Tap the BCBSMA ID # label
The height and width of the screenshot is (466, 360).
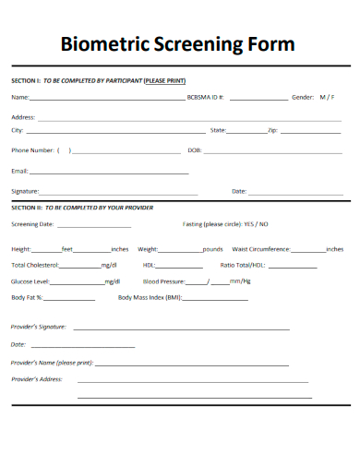(205, 97)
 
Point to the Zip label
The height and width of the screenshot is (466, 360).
(272, 131)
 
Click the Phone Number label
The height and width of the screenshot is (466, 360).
(32, 150)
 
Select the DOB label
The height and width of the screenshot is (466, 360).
(194, 150)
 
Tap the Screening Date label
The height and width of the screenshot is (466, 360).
(32, 224)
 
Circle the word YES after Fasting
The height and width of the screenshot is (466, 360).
(249, 224)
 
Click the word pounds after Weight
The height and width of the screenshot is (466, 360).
(212, 249)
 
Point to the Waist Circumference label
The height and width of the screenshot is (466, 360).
(261, 249)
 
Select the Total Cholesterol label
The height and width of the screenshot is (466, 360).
(35, 265)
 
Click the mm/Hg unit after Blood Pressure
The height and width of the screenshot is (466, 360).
(240, 281)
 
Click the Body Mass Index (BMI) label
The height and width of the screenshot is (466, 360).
(150, 297)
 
